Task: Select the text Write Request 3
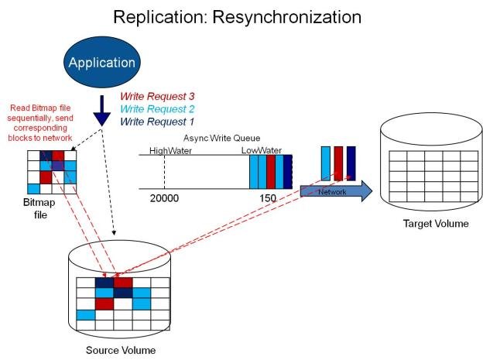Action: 156,97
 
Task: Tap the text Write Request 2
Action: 156,109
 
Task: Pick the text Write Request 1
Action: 156,122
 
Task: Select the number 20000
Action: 164,199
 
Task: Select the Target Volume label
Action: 436,225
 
